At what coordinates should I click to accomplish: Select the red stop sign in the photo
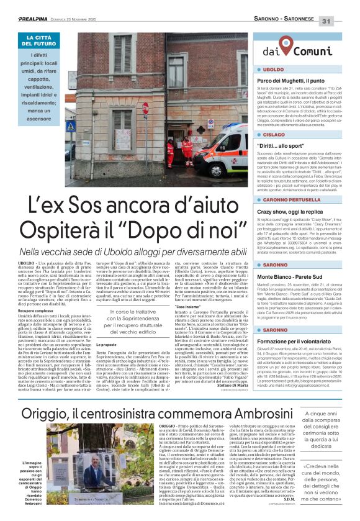click(145, 107)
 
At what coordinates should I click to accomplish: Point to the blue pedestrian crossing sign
click(71, 126)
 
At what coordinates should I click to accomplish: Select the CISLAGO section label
click(274, 134)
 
